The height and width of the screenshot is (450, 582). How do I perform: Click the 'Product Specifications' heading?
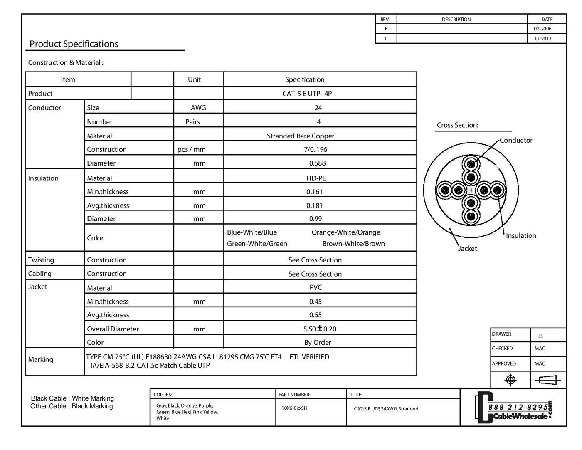pos(74,44)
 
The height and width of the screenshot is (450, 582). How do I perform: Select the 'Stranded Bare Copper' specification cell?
pos(300,136)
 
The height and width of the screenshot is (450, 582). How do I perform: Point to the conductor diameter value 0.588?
pos(317,163)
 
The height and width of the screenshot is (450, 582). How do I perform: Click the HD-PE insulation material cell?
pos(316,178)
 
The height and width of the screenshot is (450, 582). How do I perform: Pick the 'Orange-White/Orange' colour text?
pos(346,232)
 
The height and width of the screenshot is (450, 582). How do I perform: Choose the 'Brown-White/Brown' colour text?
pos(353,244)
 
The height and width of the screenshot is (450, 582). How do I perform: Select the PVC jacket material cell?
pos(316,287)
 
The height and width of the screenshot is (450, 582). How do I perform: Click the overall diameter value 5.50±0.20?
pos(320,329)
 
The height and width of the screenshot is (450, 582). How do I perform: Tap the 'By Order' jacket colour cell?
pos(318,342)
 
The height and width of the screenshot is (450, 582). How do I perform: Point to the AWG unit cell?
pos(198,108)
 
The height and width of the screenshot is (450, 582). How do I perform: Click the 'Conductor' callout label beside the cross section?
pos(516,140)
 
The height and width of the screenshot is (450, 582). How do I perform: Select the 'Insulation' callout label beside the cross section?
pos(521,235)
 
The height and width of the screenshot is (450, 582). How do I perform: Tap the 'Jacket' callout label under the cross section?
pos(468,248)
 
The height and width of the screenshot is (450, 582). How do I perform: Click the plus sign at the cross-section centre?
pos(471,190)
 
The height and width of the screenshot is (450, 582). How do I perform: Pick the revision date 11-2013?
pos(543,39)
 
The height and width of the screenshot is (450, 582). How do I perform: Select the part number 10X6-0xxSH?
pos(294,408)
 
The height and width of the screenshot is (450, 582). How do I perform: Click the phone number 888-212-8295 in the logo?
pos(518,408)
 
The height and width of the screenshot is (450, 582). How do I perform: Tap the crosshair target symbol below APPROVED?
pos(510,380)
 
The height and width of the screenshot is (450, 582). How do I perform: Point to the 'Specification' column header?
pos(305,79)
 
